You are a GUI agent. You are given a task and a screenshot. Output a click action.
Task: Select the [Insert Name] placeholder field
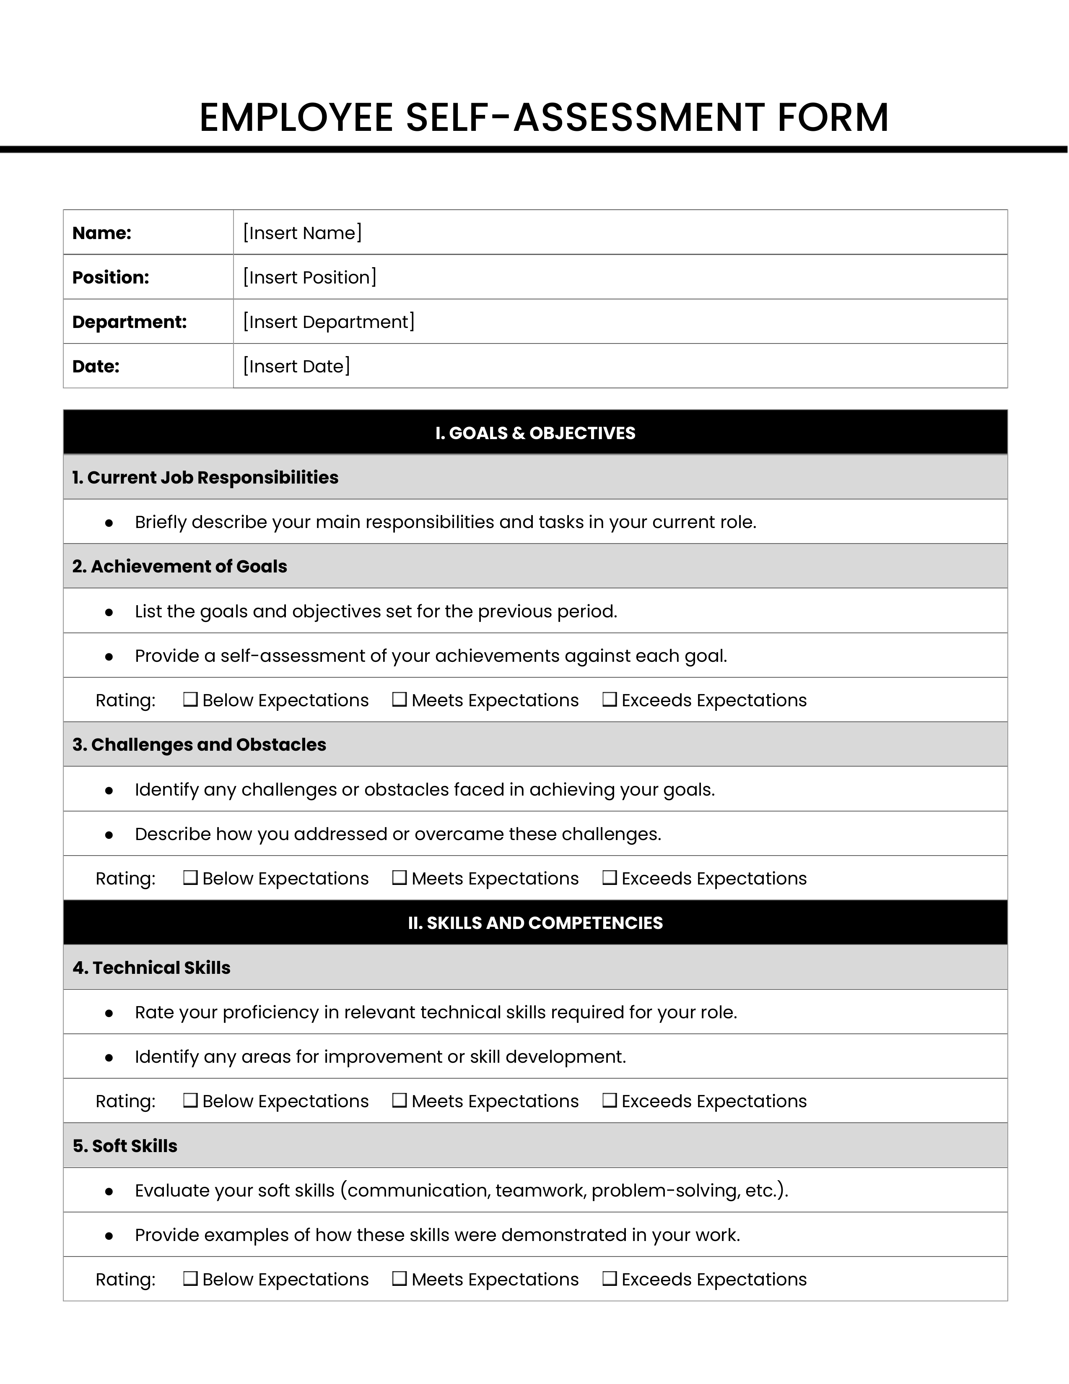pos(303,233)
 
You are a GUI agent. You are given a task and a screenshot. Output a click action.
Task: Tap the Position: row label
pos(111,278)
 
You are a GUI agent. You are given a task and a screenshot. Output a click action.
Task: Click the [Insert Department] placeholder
pos(329,322)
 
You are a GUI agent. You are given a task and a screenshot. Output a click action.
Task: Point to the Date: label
pos(96,366)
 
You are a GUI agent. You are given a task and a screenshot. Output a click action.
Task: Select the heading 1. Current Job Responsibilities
pos(205,478)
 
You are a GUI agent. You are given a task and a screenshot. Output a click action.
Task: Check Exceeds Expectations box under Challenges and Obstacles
pos(609,878)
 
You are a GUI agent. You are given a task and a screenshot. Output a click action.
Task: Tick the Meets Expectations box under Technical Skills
pos(399,1101)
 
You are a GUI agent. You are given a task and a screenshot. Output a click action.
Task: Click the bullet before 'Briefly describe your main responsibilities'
pos(109,523)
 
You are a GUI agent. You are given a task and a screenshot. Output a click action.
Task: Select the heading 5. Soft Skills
pos(125,1146)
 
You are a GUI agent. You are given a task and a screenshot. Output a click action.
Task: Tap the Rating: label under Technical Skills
pos(125,1101)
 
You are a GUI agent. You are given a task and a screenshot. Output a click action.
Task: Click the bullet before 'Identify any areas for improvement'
pos(109,1058)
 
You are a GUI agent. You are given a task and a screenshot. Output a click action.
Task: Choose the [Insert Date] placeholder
pos(296,366)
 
